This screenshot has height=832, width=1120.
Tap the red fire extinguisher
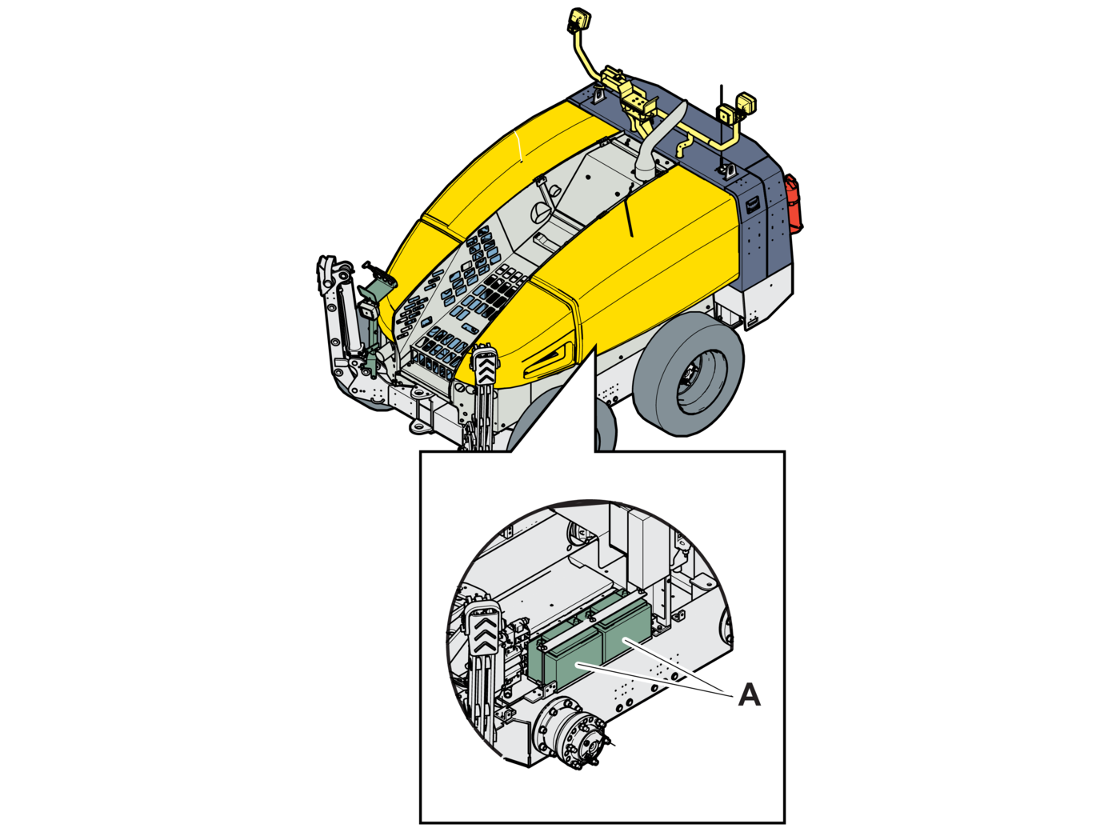(x=794, y=204)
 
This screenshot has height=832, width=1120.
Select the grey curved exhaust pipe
(x=659, y=142)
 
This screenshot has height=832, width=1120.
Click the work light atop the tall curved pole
(x=576, y=21)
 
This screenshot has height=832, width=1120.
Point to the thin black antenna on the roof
(x=722, y=126)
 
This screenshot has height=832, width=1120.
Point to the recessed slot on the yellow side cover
(x=547, y=359)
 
